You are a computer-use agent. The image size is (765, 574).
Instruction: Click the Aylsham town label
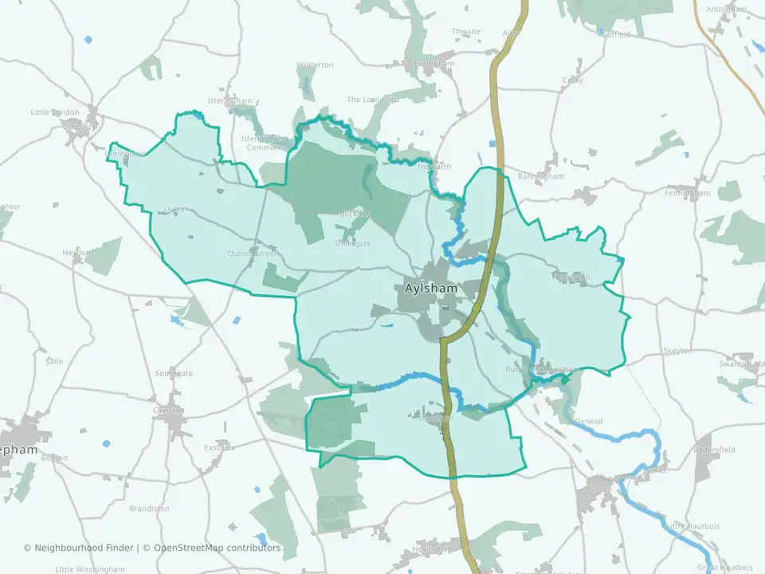point(430,289)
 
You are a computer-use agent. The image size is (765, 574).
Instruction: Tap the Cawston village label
point(169,411)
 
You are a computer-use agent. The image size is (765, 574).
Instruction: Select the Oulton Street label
point(252,254)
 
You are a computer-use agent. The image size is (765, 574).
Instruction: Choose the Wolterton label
point(315,65)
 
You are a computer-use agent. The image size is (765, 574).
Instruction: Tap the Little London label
point(55,112)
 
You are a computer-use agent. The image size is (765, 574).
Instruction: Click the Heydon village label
point(77,253)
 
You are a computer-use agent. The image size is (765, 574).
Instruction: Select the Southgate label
point(174,373)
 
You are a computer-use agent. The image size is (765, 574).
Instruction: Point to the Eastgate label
point(220,447)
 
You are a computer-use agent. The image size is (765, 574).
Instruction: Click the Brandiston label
point(149,509)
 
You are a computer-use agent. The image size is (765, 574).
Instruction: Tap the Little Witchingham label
point(90,569)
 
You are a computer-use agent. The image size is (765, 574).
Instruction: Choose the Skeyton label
point(677,351)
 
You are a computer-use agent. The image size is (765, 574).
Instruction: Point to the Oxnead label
point(590,420)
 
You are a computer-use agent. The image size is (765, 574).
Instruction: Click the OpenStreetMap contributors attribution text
point(217,548)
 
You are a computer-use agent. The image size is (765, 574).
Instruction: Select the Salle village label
point(54,361)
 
